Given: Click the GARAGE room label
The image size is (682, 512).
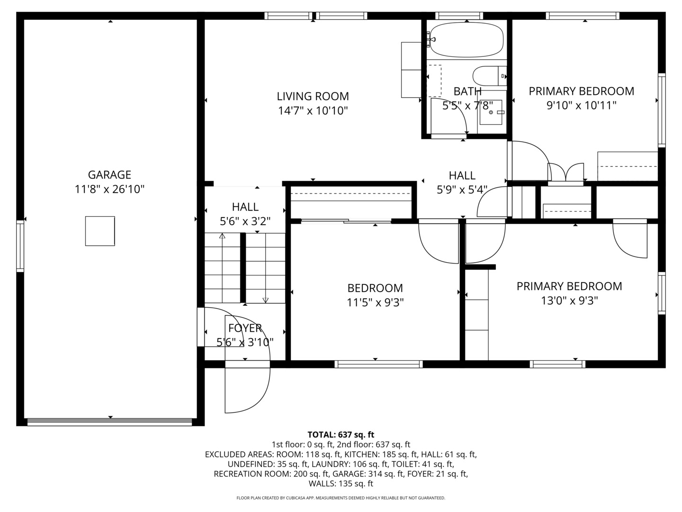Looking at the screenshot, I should [x=109, y=175].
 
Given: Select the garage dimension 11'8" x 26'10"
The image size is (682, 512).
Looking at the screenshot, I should [x=109, y=190].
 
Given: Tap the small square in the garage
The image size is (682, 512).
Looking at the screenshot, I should [x=100, y=231].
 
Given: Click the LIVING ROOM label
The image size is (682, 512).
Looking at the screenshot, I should [x=313, y=96].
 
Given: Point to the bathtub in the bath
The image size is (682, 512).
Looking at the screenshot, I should [x=467, y=39].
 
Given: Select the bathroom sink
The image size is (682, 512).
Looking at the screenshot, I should [x=491, y=112].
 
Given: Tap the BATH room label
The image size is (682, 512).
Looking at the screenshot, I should [x=467, y=91].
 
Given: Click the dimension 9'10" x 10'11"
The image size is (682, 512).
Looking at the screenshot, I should [x=581, y=105].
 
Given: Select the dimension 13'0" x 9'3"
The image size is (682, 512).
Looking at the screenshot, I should [x=569, y=301].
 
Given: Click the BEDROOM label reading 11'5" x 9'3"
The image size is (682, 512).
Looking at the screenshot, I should [x=375, y=288].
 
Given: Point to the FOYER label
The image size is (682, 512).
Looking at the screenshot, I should [x=245, y=328].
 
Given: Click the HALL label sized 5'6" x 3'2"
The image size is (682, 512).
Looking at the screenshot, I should [x=245, y=207].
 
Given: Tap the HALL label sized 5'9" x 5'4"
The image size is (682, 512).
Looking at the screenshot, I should [x=462, y=175].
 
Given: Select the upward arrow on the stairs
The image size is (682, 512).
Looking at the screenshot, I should [x=222, y=236].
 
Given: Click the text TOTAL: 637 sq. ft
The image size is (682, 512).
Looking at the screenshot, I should [x=341, y=434].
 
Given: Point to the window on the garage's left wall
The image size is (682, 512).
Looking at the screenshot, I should [x=20, y=246].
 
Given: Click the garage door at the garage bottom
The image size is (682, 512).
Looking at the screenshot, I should [x=110, y=422].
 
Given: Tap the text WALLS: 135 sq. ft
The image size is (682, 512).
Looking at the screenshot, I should [x=341, y=484].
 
